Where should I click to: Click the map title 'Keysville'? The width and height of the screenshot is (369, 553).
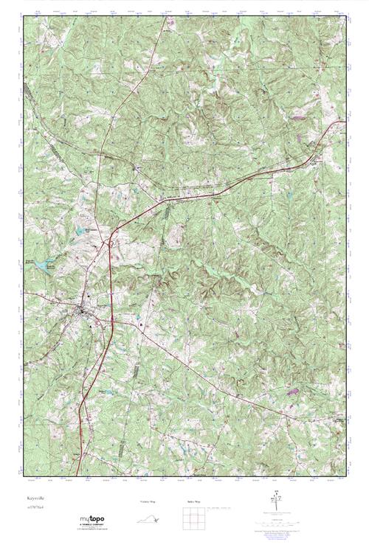(x=35, y=499)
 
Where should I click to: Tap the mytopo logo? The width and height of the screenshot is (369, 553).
(x=92, y=519)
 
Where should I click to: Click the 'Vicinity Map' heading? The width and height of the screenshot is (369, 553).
(x=148, y=501)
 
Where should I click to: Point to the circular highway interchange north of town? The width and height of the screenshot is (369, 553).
(x=109, y=240)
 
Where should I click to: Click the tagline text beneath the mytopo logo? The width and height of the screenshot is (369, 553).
(x=92, y=528)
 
